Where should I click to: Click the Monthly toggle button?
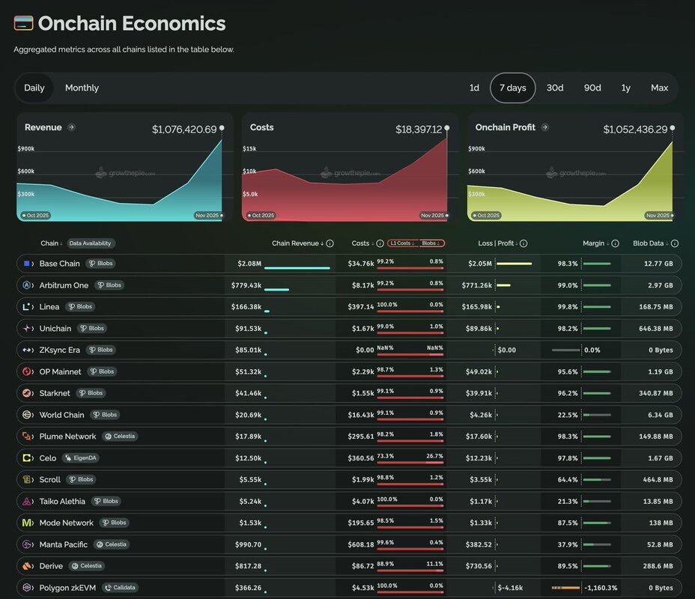pos(82,88)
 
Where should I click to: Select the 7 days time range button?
pos(512,88)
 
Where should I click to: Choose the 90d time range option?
pos(592,88)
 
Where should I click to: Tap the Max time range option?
pos(659,88)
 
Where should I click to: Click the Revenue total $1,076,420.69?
pos(184,130)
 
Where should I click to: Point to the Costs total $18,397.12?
pos(419,130)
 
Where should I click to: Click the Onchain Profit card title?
pos(506,127)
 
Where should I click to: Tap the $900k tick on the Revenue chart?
pos(26,149)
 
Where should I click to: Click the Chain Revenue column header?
pos(296,243)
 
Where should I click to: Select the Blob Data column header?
pos(649,243)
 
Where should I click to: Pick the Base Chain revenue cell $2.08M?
pos(249,264)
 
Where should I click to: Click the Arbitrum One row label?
pos(64,285)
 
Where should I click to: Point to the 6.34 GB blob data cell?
pos(658,415)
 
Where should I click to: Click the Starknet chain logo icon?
pos(27,393)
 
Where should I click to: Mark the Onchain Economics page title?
pos(131,23)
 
